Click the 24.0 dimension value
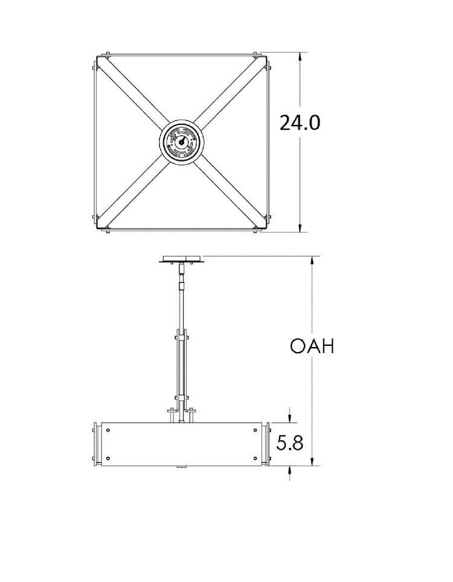point(300,123)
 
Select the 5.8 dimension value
point(291,444)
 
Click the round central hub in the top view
point(182,143)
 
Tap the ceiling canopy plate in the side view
point(181,261)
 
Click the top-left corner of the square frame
point(97,56)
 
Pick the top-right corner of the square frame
point(267,56)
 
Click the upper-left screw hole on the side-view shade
point(108,430)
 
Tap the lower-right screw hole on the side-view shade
point(256,458)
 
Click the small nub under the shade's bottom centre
point(182,468)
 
